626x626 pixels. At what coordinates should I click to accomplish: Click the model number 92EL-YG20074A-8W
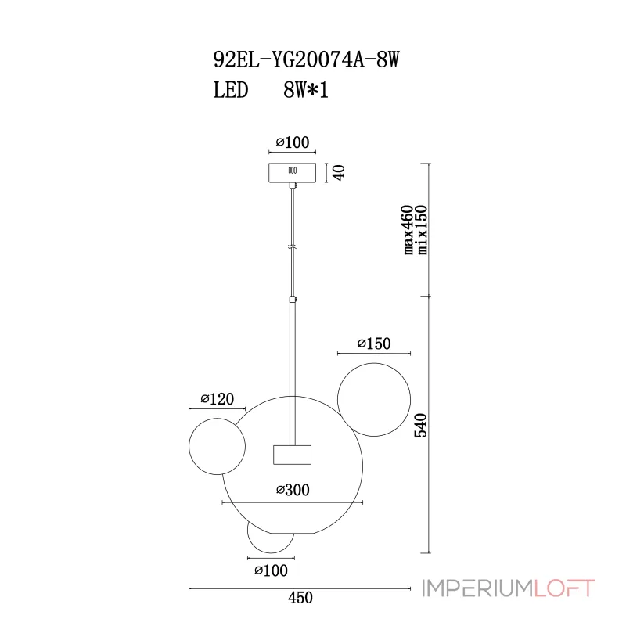pyautogui.click(x=306, y=60)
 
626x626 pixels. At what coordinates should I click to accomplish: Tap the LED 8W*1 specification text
pyautogui.click(x=271, y=90)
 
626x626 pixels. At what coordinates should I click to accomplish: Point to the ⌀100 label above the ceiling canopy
pyautogui.click(x=293, y=142)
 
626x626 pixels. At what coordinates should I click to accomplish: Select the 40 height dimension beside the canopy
pyautogui.click(x=339, y=172)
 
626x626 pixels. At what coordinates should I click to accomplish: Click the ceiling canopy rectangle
pyautogui.click(x=292, y=172)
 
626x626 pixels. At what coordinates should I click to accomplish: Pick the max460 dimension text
pyautogui.click(x=408, y=230)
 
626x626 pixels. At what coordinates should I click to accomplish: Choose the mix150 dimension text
pyautogui.click(x=422, y=230)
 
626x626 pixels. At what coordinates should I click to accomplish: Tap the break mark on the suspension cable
pyautogui.click(x=293, y=247)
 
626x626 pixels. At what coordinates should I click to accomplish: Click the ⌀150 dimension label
pyautogui.click(x=374, y=344)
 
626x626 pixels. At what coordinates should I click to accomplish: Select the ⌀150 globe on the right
pyautogui.click(x=374, y=363)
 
